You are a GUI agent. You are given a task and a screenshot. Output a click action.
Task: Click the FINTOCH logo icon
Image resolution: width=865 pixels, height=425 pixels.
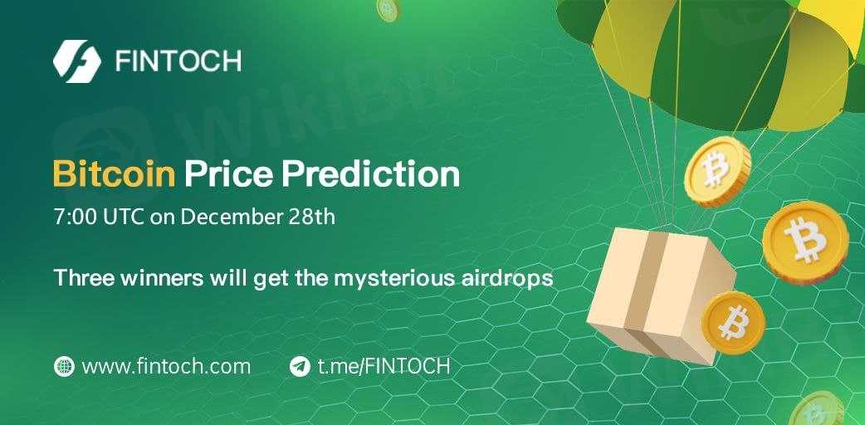point(77,61)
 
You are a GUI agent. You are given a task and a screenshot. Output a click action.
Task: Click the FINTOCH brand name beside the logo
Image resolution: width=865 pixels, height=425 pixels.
point(178,61)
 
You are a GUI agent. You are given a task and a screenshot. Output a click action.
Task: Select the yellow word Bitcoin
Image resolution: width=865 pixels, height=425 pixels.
point(115,173)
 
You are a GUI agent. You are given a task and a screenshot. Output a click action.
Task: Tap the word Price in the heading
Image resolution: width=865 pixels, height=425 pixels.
point(228,173)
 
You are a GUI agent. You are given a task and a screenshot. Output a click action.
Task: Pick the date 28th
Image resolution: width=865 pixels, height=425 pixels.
point(311,217)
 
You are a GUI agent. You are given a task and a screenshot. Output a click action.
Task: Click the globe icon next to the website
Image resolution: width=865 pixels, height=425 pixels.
point(64,366)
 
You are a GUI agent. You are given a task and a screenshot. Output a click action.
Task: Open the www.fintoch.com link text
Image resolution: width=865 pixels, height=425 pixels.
point(166,366)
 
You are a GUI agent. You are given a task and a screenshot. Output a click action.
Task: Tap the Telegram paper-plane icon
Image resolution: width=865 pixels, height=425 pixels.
point(300,366)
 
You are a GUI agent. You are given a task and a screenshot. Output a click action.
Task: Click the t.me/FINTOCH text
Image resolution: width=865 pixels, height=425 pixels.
point(384,366)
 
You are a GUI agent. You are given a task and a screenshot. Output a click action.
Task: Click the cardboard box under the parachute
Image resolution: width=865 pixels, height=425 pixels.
point(660,295)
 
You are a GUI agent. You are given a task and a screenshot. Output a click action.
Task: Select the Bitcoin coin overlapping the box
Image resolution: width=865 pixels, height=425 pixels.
point(733,323)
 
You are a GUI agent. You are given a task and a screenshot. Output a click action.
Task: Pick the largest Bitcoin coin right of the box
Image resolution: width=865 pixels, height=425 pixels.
point(805,243)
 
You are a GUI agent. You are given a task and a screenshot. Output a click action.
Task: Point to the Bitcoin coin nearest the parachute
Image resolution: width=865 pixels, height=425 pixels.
point(717,172)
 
